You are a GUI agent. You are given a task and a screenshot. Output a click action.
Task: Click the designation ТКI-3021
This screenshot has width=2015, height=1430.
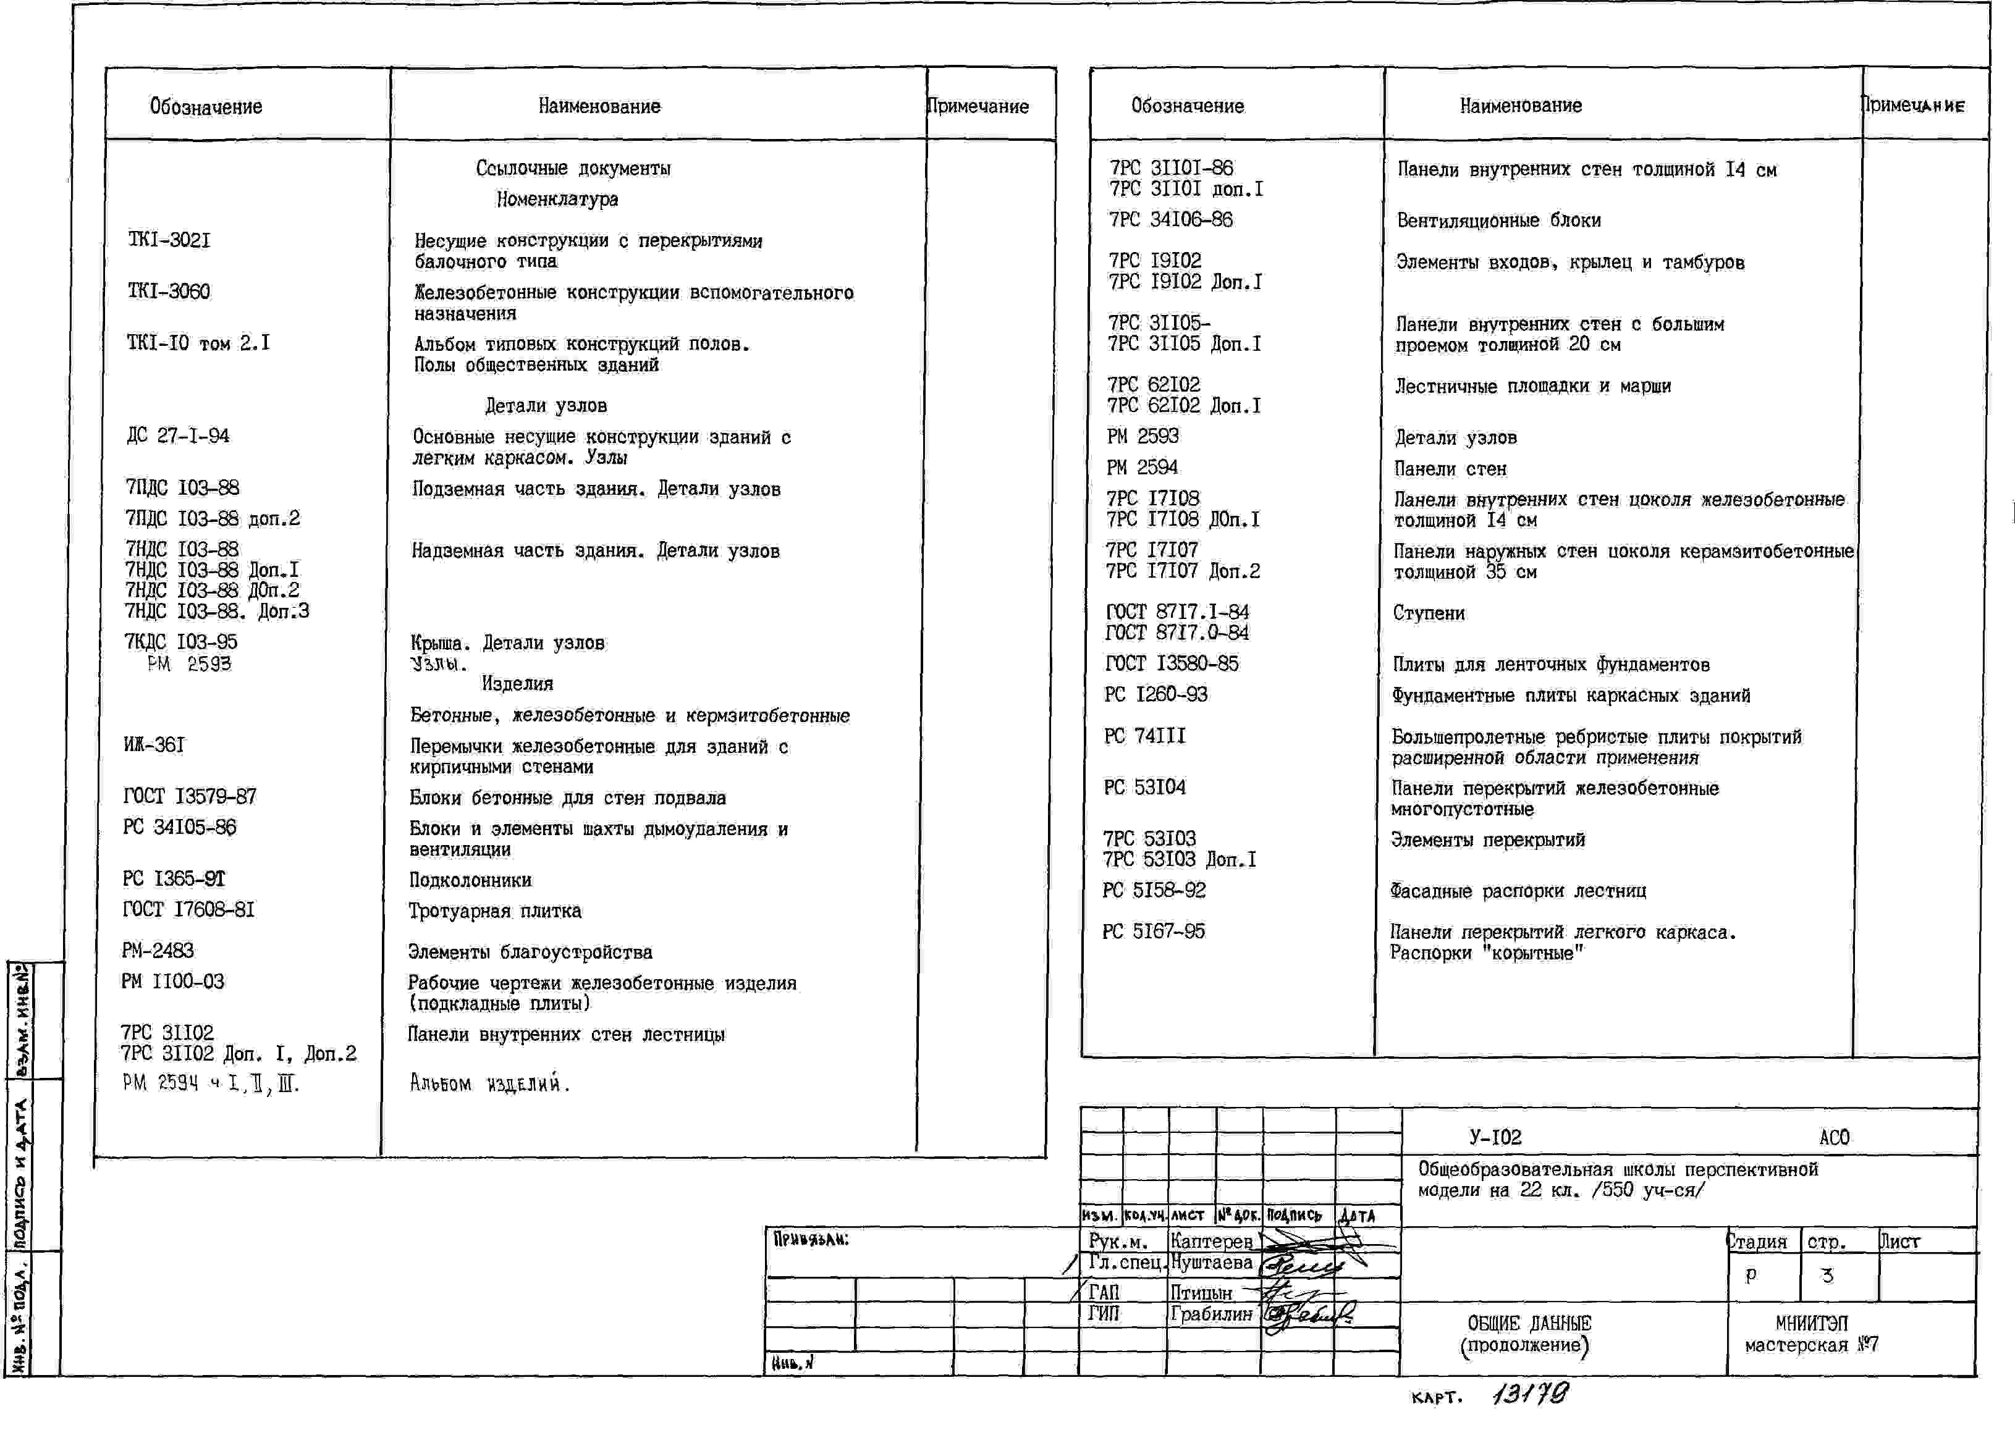(169, 240)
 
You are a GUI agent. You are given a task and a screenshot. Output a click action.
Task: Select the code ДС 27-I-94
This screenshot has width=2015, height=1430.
(178, 436)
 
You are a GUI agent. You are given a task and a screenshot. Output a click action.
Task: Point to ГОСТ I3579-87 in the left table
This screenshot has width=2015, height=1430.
(189, 797)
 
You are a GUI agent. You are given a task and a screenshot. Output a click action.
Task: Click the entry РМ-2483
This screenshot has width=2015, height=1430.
(158, 950)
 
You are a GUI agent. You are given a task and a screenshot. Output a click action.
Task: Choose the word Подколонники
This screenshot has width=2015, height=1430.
(470, 880)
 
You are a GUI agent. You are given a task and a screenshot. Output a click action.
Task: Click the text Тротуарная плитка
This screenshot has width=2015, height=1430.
(494, 911)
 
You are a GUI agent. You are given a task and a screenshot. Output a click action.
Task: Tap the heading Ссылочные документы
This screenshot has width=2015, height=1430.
(573, 168)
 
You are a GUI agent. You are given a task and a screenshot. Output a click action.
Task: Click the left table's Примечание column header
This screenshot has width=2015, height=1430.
(978, 106)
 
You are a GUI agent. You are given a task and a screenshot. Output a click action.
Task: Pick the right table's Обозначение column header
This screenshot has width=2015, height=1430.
(1187, 106)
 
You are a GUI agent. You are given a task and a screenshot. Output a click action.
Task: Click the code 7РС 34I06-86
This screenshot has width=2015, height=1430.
(1170, 219)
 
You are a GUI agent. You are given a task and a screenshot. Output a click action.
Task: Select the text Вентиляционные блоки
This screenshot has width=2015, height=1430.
(1498, 220)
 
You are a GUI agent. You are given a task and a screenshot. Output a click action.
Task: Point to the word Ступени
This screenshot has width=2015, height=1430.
(1429, 613)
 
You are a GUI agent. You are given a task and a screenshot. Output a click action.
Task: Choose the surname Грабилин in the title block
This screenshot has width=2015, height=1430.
(1211, 1314)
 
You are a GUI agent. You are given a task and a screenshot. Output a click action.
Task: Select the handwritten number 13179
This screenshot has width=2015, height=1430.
(1531, 1394)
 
